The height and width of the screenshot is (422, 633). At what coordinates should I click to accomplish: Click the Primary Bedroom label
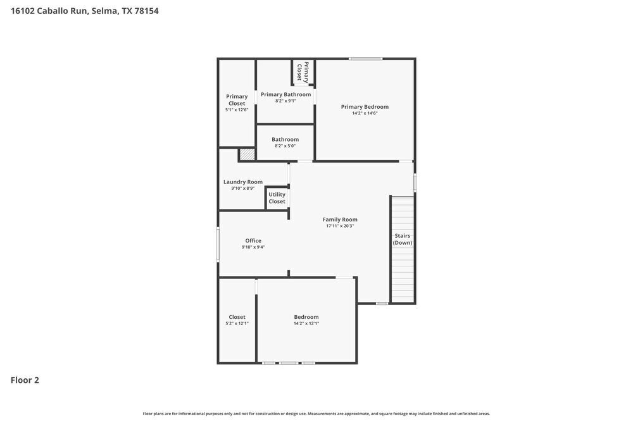[x=365, y=107]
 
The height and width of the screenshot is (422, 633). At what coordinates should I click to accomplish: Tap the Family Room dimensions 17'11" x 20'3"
[x=340, y=226]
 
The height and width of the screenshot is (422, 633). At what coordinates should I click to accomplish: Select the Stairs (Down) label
[x=403, y=239]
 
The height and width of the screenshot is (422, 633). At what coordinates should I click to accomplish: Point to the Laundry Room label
[x=242, y=182]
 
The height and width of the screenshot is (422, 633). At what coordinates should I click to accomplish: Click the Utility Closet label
[x=277, y=198]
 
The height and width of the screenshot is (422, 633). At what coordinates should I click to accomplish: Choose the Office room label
[x=253, y=240]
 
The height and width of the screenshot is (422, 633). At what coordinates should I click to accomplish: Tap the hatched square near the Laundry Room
[x=246, y=154]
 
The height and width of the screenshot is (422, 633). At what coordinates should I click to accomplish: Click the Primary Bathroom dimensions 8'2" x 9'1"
[x=285, y=101]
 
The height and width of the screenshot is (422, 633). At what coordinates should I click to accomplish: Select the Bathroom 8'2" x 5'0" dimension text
[x=285, y=146]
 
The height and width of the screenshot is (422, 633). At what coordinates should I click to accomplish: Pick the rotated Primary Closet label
[x=303, y=71]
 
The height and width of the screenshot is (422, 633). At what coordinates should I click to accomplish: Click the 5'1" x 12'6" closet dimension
[x=237, y=110]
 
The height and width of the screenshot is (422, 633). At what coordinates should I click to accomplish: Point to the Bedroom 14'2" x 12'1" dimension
[x=306, y=323]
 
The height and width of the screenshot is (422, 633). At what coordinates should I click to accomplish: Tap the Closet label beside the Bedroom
[x=237, y=317]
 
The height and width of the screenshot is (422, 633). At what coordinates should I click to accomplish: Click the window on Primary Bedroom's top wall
[x=365, y=59]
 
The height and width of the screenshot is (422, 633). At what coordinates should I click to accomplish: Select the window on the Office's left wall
[x=218, y=244]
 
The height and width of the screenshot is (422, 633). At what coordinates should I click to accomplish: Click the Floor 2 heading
[x=25, y=380]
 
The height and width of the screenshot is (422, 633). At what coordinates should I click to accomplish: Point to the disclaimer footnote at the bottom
[x=316, y=413]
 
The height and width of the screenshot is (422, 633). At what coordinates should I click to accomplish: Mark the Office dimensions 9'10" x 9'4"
[x=253, y=247]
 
